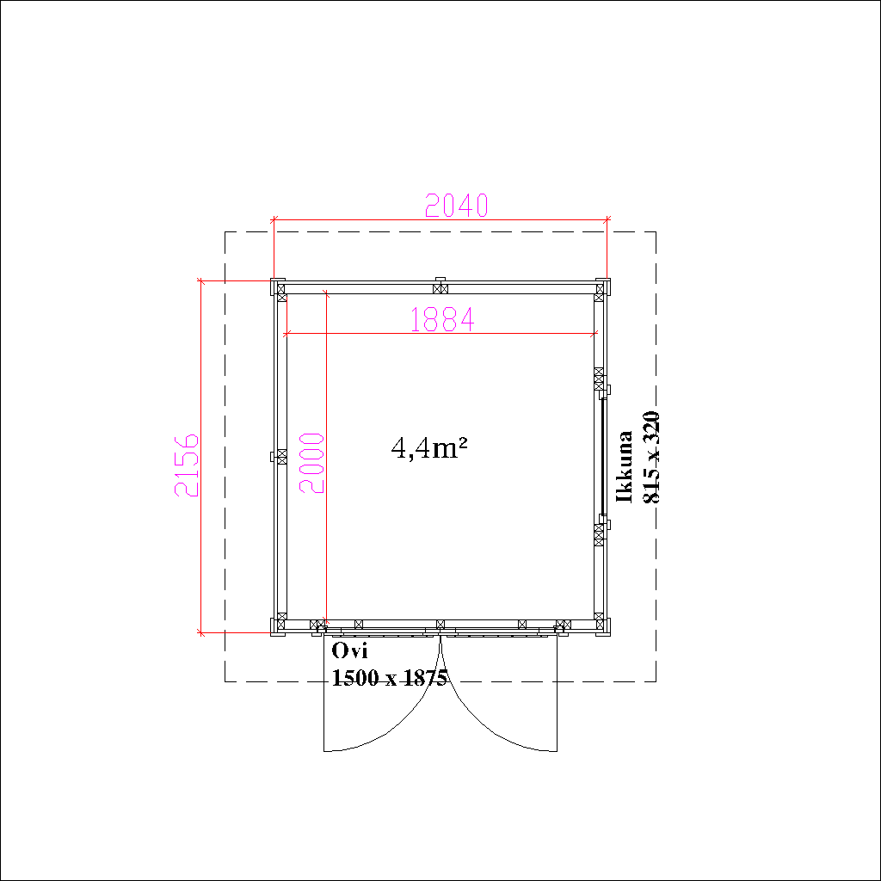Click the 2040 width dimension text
456,205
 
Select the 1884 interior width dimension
443,320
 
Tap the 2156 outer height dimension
187,465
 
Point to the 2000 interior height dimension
311,463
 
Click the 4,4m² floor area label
429,448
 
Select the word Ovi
349,650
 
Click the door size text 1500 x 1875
390,678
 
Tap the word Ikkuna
625,466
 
